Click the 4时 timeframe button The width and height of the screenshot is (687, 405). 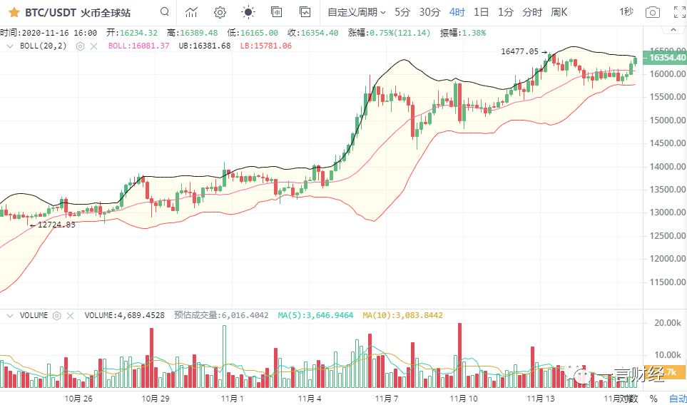click(457, 12)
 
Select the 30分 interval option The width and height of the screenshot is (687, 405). click(429, 12)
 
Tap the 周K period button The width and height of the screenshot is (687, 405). click(559, 12)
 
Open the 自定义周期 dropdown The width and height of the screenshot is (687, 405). click(356, 12)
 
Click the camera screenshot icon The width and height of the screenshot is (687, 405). click(652, 12)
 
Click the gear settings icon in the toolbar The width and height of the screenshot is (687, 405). click(220, 12)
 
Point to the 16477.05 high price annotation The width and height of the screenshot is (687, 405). click(523, 51)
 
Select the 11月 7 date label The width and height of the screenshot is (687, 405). click(386, 398)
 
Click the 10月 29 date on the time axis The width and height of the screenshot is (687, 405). click(155, 398)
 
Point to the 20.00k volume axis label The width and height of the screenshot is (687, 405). click(667, 323)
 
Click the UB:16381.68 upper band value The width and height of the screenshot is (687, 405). click(204, 46)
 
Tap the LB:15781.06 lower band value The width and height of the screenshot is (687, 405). click(266, 46)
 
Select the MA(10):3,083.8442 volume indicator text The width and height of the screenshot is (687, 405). click(402, 315)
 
